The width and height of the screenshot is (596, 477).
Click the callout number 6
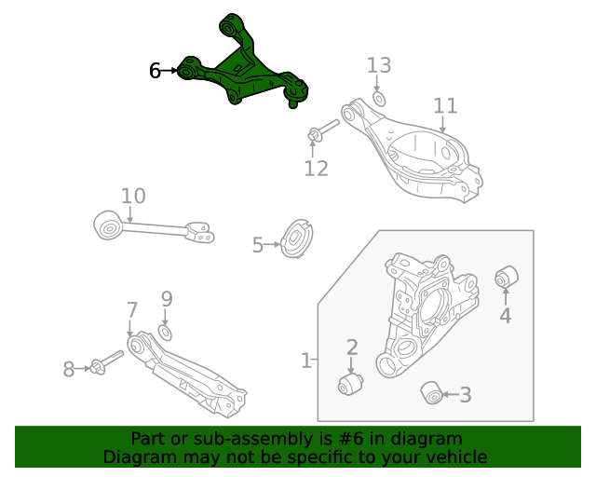[x=156, y=70]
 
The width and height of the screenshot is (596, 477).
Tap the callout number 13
[x=379, y=65]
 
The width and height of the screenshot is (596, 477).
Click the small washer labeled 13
[x=379, y=98]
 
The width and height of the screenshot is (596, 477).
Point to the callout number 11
[x=445, y=105]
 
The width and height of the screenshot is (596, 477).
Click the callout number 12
[x=317, y=169]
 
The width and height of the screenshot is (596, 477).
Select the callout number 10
[x=133, y=196]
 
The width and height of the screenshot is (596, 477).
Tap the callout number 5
[x=258, y=245]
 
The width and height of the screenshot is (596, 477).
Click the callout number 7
[x=132, y=310]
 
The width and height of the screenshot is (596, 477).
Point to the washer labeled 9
[x=166, y=333]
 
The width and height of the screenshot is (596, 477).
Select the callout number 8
[x=68, y=370]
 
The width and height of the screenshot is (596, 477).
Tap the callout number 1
[x=306, y=360]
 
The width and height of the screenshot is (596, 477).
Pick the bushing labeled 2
[x=349, y=384]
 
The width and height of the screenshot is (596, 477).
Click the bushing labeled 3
[x=431, y=393]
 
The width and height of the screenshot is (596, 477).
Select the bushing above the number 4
[x=506, y=277]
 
